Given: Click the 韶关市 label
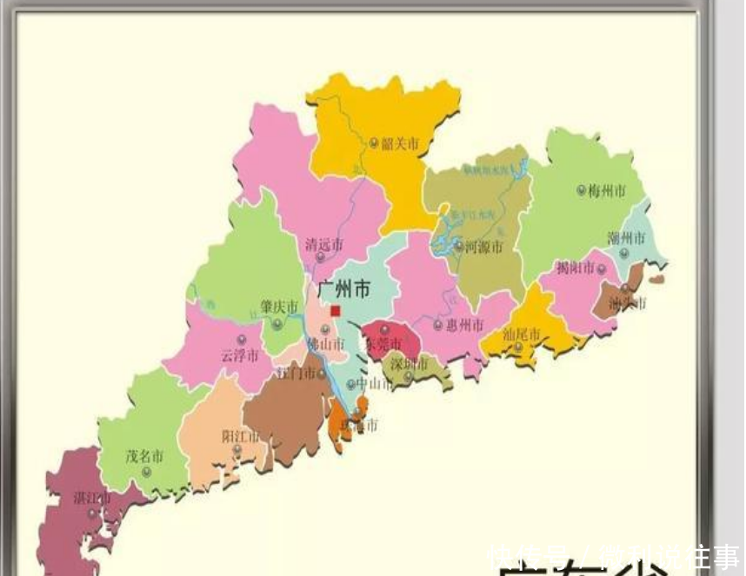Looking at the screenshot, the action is tap(401, 143).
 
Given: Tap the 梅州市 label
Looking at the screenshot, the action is tap(607, 190).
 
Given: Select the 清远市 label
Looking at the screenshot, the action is tap(323, 246).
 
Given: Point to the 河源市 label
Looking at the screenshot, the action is tap(484, 247).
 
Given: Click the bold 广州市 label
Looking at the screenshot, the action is tap(344, 288).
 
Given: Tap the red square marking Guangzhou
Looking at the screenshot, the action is tap(336, 310).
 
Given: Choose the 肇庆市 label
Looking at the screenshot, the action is tap(279, 308).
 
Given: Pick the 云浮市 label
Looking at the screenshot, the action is tap(239, 355).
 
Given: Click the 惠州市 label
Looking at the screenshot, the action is tap(464, 325).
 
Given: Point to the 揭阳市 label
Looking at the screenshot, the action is tap(575, 268).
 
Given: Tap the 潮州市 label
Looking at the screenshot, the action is tap(626, 238).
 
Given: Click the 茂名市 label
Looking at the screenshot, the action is tap(144, 455).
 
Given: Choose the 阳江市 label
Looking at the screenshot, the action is tap(240, 436).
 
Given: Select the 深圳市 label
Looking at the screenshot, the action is tap(409, 363).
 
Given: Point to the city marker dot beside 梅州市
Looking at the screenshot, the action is tap(582, 190).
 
